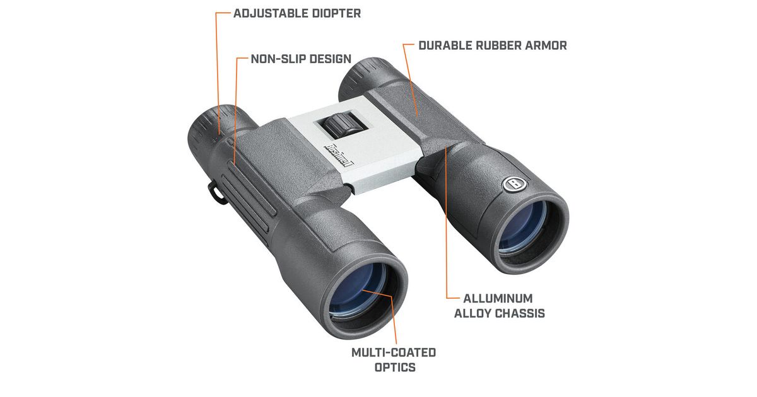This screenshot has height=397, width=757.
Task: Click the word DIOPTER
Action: point(336,13)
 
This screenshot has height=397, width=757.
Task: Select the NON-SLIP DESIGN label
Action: point(301,59)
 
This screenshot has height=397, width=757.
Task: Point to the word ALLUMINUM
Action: point(498,298)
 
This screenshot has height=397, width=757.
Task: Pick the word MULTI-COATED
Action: point(393,352)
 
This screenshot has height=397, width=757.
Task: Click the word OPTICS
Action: point(393,367)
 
